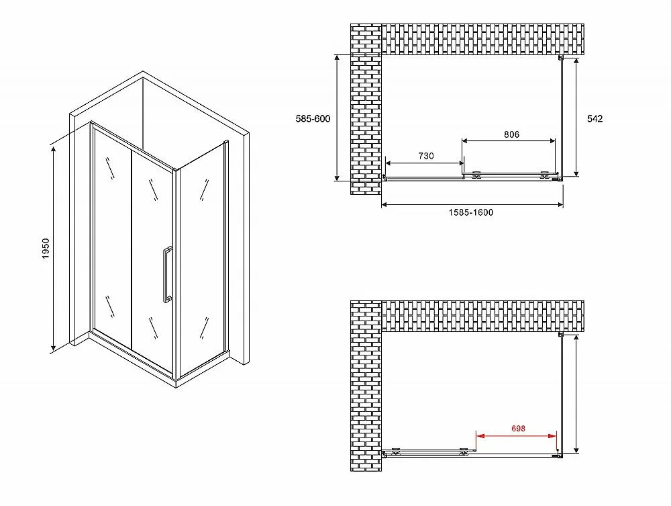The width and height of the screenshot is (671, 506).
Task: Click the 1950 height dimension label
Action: coord(46,248)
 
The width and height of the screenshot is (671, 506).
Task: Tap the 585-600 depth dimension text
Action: coord(313,119)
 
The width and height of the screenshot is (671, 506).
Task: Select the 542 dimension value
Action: coord(595,119)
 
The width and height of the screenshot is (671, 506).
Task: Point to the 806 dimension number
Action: coord(511,134)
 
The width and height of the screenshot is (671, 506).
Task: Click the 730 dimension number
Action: coord(426,156)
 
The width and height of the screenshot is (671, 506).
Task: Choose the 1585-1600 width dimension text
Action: coord(471,212)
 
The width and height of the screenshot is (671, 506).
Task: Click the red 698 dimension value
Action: coord(518,429)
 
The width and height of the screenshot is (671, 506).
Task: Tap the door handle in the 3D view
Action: coord(167,275)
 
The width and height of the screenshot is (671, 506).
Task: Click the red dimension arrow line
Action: coord(517,436)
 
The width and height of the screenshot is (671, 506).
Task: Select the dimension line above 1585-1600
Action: coord(472,205)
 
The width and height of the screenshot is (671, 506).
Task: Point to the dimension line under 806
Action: coord(509,140)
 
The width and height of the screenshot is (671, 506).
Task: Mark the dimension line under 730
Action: coord(425,163)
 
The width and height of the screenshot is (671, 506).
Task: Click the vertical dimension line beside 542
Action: coord(576,118)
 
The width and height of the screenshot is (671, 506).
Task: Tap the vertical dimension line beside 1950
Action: coord(54,249)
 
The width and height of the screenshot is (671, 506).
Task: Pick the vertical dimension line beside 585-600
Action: coord(338,118)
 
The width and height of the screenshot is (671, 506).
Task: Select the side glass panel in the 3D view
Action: coord(201,258)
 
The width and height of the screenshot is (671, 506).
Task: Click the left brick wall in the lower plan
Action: coord(366,386)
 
